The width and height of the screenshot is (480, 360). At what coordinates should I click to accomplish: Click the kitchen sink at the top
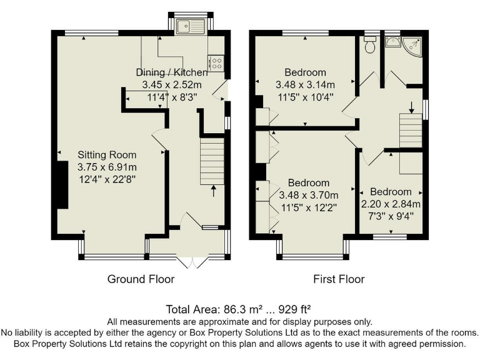click(x=192, y=26)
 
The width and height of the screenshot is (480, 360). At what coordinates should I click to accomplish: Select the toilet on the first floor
click(x=370, y=44)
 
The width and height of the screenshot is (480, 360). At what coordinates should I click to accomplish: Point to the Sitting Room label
click(x=106, y=155)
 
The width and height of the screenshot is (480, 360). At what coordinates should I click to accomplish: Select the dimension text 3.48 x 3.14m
click(x=305, y=84)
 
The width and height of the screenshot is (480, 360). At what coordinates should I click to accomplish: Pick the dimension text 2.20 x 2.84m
click(x=391, y=204)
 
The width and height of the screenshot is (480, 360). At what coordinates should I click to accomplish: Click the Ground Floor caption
click(x=141, y=279)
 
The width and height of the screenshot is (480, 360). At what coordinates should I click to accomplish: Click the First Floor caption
click(x=339, y=279)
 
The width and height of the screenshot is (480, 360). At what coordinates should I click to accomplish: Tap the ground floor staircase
click(x=211, y=161)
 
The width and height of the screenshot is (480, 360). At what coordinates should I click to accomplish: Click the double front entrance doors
click(x=190, y=259)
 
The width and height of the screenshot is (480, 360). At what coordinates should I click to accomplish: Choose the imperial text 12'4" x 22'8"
click(x=106, y=179)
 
